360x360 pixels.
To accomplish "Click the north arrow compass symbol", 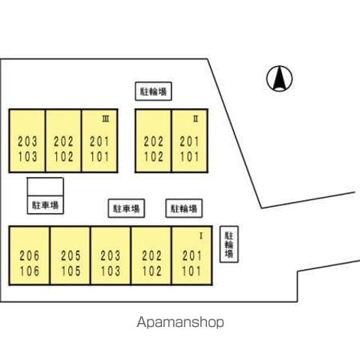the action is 279,79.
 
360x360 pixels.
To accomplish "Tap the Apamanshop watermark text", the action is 180,322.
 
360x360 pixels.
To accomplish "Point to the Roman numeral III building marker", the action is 106,119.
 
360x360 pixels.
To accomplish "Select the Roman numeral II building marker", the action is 196,119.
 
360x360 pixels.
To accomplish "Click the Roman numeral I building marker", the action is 201,236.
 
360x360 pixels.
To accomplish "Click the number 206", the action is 29,256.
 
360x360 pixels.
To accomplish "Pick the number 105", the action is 71,271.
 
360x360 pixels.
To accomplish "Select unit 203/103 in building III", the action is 27,141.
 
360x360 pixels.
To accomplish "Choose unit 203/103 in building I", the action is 110,256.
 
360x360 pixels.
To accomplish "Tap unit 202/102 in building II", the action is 153,141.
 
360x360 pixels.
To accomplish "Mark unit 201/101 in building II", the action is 190,141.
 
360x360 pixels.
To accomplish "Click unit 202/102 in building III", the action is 63,141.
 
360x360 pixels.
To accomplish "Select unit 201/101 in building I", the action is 192,256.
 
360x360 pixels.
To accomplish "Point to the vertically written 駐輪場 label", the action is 229,244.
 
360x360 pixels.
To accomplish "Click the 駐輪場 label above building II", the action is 153,91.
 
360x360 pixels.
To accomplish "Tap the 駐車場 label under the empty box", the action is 45,205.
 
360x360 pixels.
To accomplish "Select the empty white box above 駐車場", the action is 45,187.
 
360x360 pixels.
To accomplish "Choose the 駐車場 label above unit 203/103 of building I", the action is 126,208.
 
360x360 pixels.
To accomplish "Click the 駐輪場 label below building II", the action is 184,208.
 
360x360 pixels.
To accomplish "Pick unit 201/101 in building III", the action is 100,141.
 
